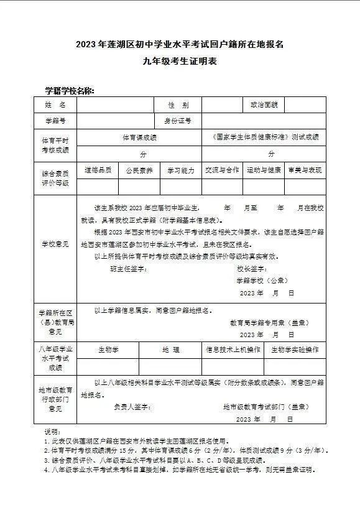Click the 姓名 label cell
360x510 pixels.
pyautogui.click(x=55, y=105)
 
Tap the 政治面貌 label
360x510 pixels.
pyautogui.click(x=263, y=105)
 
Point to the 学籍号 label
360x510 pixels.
pyautogui.click(x=55, y=121)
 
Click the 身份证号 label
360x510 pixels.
pyautogui.click(x=177, y=121)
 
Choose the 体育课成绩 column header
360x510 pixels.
pyautogui.click(x=139, y=137)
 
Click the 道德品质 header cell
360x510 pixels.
pyautogui.click(x=98, y=169)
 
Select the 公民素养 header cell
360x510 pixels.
pyautogui.click(x=139, y=169)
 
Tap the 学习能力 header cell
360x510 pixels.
pyautogui.click(x=180, y=169)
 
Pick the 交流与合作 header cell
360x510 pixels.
pyautogui.click(x=222, y=169)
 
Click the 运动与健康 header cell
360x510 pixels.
pyautogui.click(x=263, y=169)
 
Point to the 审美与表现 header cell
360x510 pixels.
pyautogui.click(x=305, y=169)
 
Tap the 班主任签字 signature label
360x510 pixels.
pyautogui.click(x=127, y=268)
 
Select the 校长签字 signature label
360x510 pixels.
pyautogui.click(x=252, y=268)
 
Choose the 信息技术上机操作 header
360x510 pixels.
pyautogui.click(x=233, y=350)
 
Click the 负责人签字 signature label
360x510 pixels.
pyautogui.click(x=132, y=406)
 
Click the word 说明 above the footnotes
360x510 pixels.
pyautogui.click(x=51, y=431)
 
